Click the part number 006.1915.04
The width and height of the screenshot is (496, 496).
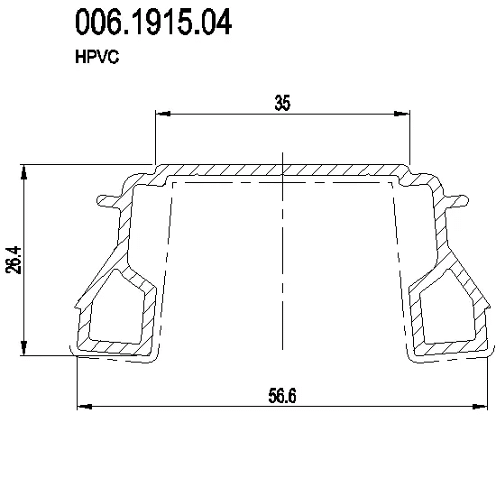pos(153,22)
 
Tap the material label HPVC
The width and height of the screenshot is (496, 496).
pos(97,57)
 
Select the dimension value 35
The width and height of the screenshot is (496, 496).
pos(282,103)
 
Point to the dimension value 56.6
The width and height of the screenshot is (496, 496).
pos(282,396)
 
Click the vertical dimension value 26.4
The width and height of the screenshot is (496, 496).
pos(14,260)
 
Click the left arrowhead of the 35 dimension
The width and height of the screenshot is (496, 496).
pos(163,114)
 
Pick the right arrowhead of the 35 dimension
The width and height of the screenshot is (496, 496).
pos(402,114)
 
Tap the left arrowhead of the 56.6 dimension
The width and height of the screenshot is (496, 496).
pos(85,406)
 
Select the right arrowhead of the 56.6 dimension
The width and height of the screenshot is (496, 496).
pos(480,406)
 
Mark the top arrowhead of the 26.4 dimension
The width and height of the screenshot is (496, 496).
pos(24,172)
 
